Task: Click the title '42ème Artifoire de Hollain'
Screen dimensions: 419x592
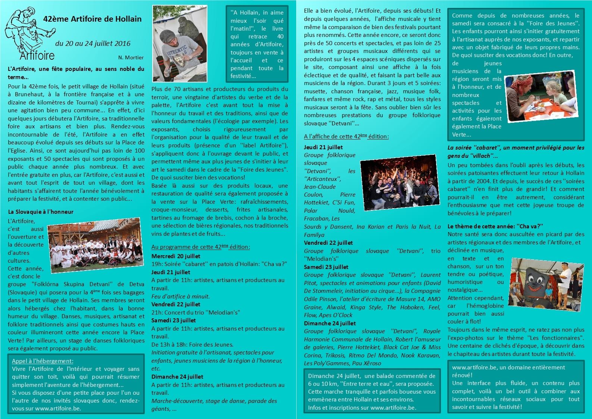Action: click(92, 19)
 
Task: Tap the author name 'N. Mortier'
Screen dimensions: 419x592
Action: click(131, 57)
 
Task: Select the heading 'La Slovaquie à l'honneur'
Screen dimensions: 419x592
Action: click(41, 212)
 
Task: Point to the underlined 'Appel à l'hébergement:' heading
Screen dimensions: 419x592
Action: click(43, 361)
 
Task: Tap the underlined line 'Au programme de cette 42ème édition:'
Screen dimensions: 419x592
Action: click(201, 247)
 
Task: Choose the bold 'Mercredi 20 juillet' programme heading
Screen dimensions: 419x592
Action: click(176, 256)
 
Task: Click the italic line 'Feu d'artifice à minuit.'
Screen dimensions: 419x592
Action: click(181, 296)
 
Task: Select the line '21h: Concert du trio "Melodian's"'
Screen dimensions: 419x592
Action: click(196, 312)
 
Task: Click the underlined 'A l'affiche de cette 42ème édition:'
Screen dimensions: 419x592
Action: click(346, 137)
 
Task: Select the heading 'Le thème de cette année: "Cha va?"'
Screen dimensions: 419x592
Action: click(495, 226)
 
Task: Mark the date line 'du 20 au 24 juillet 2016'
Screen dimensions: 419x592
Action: click(93, 43)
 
